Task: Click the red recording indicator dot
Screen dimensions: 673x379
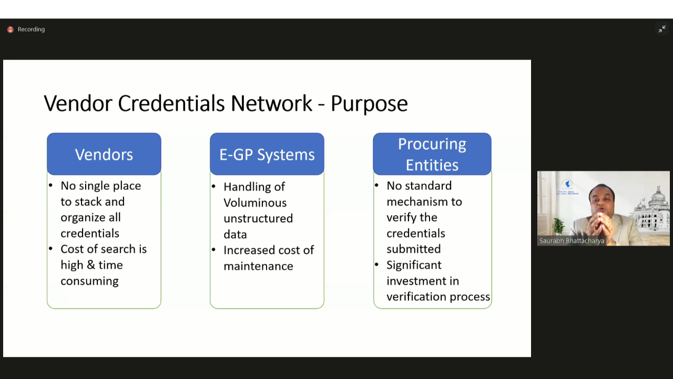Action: (10, 29)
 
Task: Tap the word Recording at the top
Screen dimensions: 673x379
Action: (31, 29)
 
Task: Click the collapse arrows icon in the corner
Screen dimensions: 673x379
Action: (662, 29)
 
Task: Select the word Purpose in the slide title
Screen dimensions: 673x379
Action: (369, 104)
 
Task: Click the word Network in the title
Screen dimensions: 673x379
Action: (272, 103)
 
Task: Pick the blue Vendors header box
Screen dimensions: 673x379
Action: (104, 154)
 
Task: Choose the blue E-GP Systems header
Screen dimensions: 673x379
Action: (267, 154)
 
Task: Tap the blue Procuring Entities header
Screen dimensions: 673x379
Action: (432, 154)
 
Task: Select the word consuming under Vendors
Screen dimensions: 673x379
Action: (89, 282)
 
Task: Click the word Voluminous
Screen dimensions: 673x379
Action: (255, 203)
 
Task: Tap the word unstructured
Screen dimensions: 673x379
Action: (258, 218)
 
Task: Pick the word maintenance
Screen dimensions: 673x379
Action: (258, 266)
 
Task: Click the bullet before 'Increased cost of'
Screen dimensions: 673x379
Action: (213, 250)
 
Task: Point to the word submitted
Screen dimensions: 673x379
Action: (414, 249)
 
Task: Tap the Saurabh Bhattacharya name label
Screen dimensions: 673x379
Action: (572, 241)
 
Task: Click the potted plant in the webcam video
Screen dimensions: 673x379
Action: (558, 226)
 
